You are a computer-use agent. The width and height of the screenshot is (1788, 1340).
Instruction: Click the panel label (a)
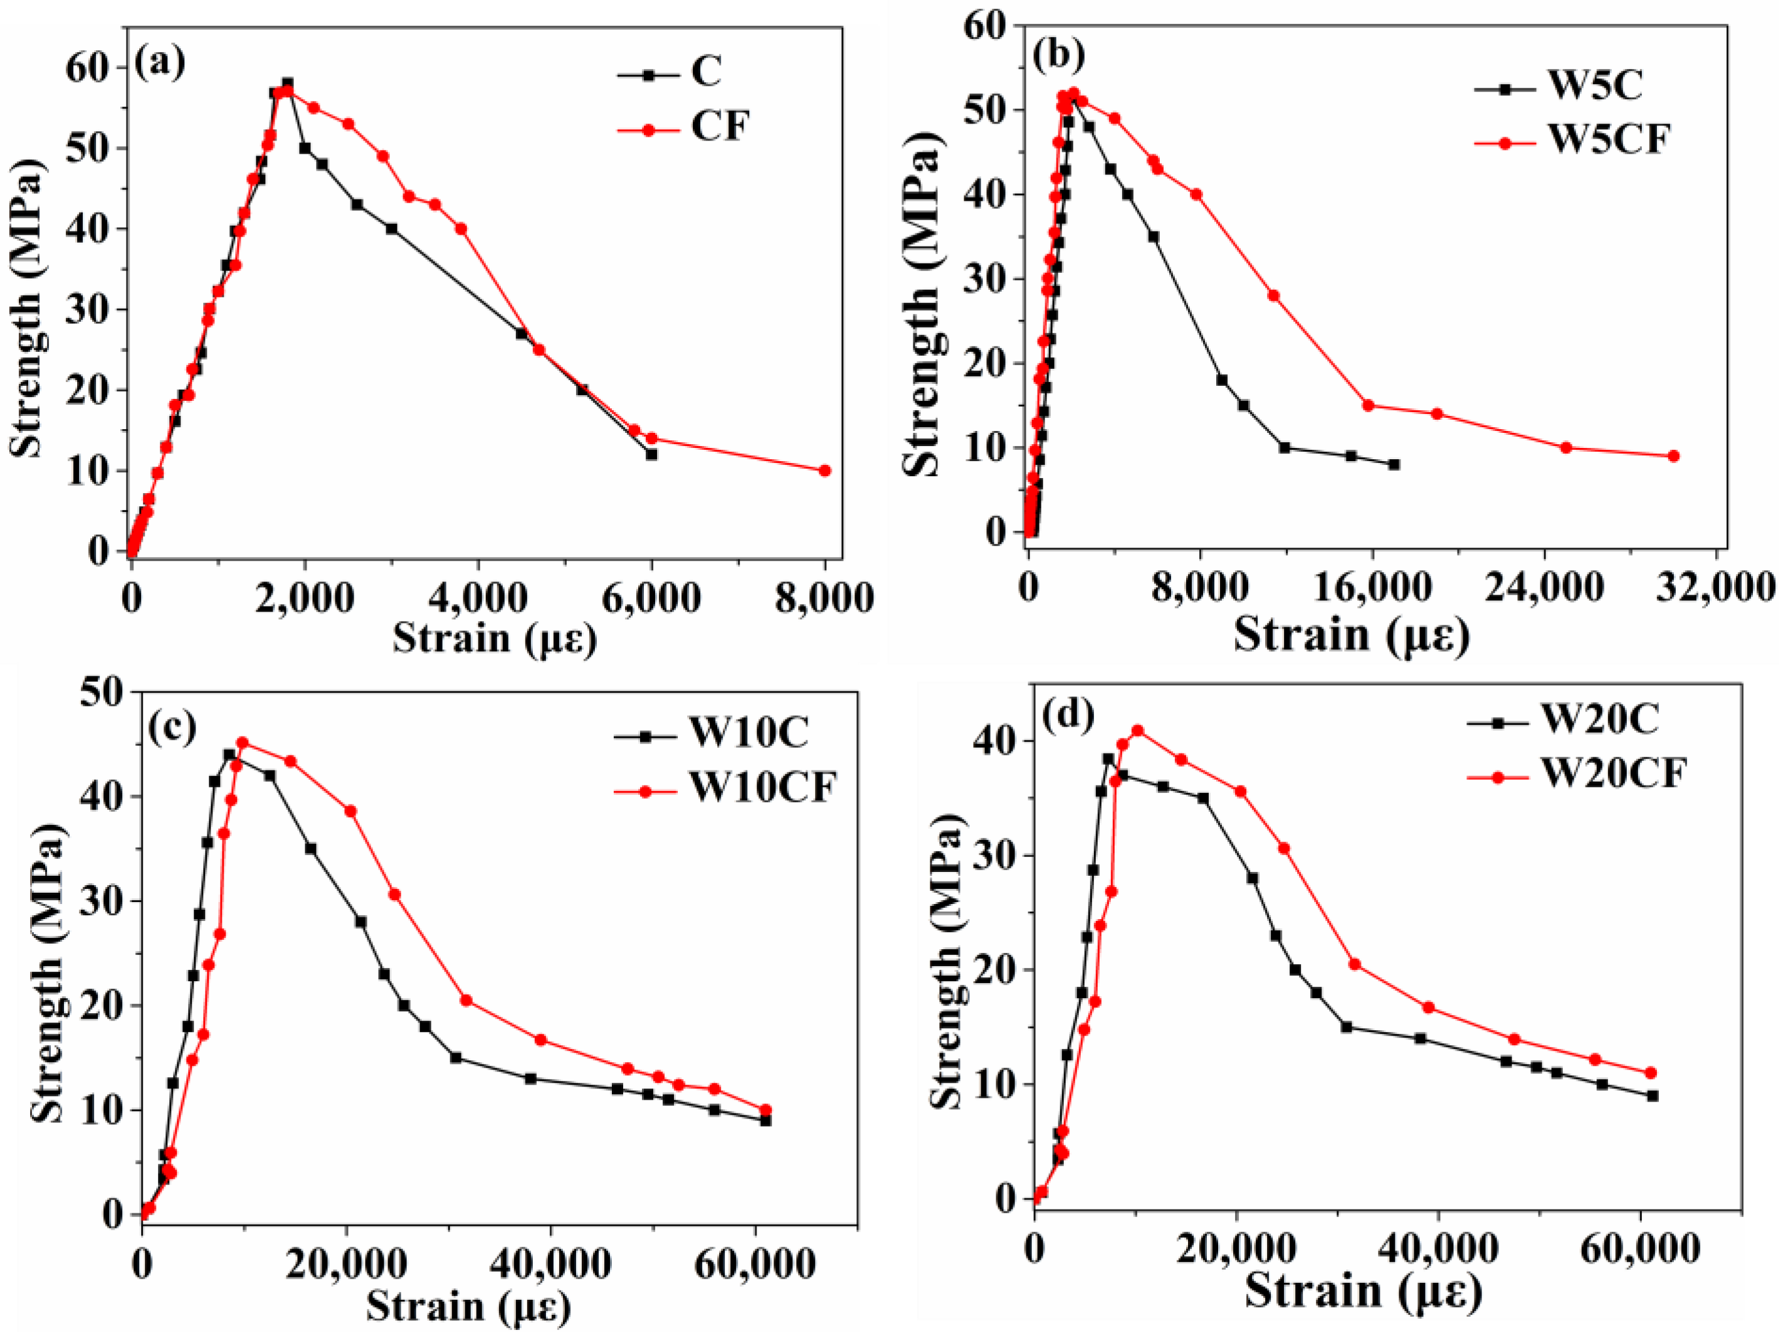tap(159, 62)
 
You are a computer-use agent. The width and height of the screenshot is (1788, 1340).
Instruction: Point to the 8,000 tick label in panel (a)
tap(824, 598)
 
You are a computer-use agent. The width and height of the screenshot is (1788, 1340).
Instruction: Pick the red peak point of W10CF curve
tap(242, 742)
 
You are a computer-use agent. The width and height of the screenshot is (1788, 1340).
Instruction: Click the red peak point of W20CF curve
tap(1137, 730)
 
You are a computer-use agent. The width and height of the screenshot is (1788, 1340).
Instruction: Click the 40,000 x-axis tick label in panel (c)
tap(550, 1264)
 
